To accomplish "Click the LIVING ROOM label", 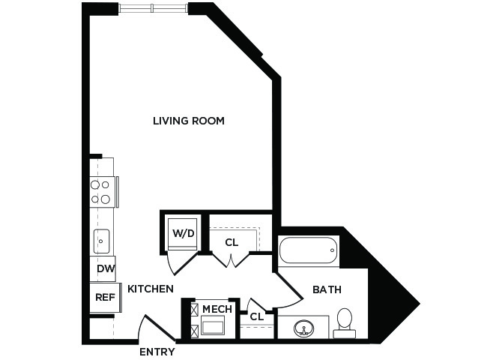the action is coord(189,121).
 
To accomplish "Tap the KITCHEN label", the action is coord(151,289).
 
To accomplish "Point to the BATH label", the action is coord(327,289).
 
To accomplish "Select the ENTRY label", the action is coord(157,352).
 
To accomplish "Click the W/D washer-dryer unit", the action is coord(183,234).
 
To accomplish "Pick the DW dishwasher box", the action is coord(103,268).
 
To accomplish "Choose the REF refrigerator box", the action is coord(106,298).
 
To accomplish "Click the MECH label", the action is coord(217,309).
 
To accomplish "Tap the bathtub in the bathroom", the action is coord(308,250).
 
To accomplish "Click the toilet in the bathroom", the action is coord(345,323).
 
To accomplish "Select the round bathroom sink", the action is coord(304,328).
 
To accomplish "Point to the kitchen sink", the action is coord(101,241).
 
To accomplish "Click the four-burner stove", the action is coord(103,192).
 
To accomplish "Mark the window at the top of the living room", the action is coord(154,8).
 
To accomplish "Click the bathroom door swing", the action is coord(290,291).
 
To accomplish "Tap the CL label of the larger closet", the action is coord(232,243).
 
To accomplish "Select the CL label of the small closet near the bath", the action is coord(257,316).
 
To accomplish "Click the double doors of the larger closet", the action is coord(231,260).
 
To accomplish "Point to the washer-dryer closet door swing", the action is coord(181,263).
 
